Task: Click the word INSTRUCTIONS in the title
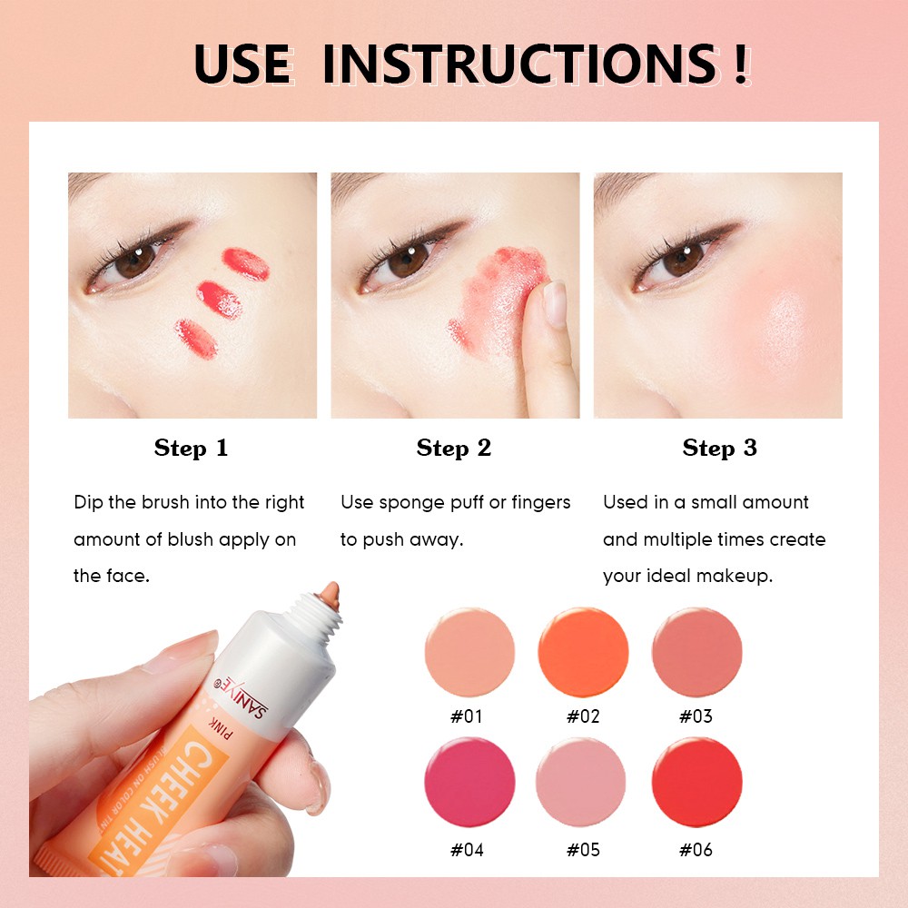520,64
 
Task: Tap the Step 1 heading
191,449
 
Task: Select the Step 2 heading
453,449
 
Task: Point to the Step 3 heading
719,449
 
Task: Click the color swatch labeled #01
469,652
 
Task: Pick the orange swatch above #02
583,652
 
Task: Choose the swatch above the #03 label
696,652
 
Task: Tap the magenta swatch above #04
469,782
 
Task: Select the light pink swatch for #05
581,782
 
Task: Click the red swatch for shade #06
696,782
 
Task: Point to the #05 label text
583,850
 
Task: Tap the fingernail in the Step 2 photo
556,303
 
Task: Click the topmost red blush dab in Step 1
246,263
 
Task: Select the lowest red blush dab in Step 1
196,339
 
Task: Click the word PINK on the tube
220,728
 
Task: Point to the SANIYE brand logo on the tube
242,696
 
